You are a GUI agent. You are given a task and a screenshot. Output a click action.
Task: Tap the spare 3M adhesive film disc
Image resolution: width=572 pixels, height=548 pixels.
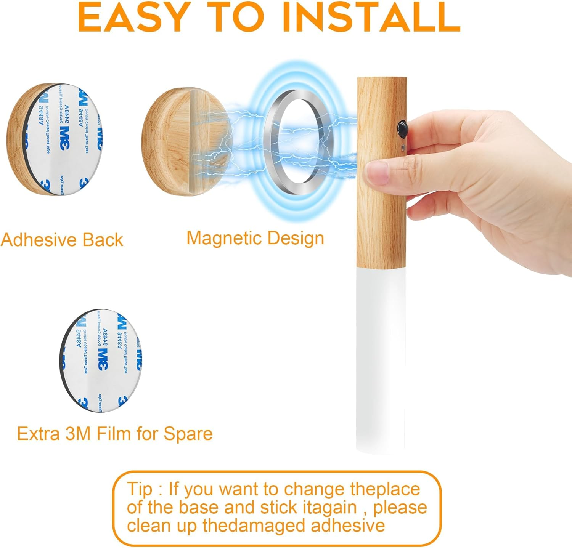(101, 361)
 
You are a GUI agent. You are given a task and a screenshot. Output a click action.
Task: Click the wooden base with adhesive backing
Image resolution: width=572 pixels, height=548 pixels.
(53, 140)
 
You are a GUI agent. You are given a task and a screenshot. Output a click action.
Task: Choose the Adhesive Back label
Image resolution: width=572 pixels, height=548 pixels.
(62, 240)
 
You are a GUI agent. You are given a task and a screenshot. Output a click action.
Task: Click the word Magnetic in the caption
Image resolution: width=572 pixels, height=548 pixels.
(224, 238)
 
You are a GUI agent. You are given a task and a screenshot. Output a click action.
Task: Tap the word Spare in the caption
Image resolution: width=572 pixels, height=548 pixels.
(188, 434)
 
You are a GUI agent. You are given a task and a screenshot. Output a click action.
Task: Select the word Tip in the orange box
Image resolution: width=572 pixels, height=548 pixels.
(139, 489)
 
